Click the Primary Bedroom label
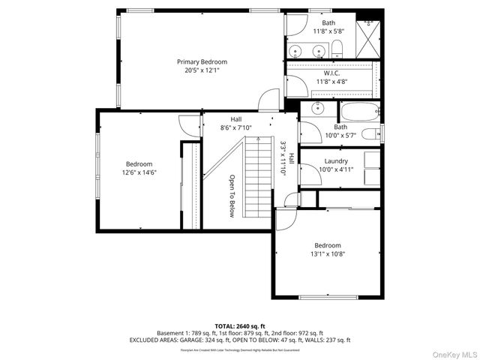tap(202, 61)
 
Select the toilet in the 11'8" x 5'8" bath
tap(337, 50)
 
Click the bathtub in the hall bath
tap(358, 113)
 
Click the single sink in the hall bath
tap(318, 107)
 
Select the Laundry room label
tap(335, 161)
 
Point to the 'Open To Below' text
tap(232, 196)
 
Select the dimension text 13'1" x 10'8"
tap(328, 253)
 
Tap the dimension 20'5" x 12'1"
tap(202, 70)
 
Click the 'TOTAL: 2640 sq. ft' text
tap(240, 326)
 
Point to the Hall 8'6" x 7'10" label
tap(236, 124)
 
